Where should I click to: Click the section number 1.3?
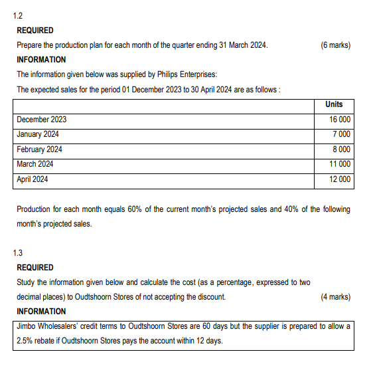(x=17, y=252)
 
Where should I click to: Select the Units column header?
(x=334, y=104)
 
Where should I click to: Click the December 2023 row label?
(x=41, y=120)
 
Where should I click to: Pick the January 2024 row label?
(x=38, y=134)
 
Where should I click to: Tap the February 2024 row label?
(x=39, y=149)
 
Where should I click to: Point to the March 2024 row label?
(x=35, y=164)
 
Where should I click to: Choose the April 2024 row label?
(x=33, y=179)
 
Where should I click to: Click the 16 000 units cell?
(x=340, y=120)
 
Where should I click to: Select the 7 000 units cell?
(x=342, y=134)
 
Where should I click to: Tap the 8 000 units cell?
(x=342, y=149)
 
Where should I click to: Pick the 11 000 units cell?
(x=340, y=164)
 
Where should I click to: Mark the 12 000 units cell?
(x=340, y=179)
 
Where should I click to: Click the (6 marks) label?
(x=335, y=45)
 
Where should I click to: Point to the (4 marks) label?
(x=335, y=297)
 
